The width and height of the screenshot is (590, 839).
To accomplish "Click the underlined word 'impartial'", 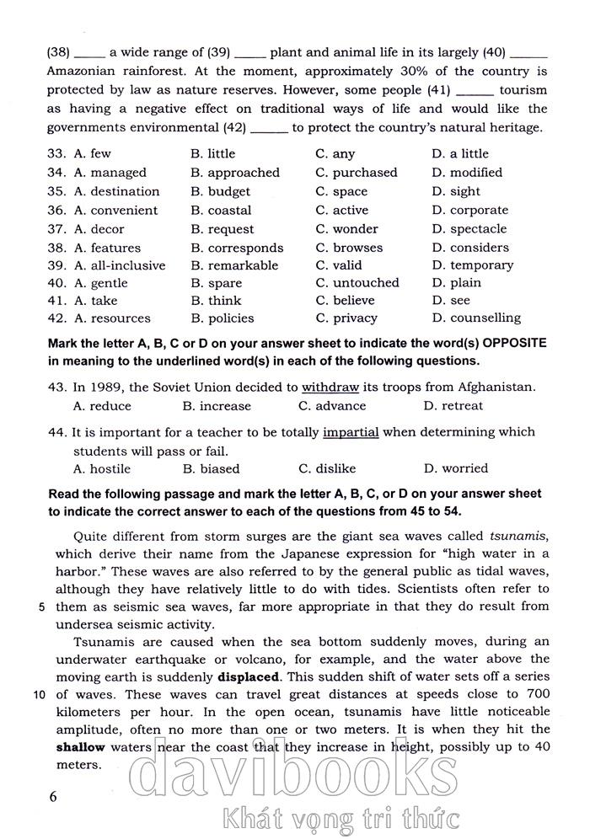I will [x=351, y=432].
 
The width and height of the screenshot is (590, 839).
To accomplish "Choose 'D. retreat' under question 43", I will [x=453, y=406].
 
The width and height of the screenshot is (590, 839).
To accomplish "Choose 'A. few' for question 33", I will [x=92, y=154].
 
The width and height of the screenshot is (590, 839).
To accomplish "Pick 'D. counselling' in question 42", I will [x=476, y=318].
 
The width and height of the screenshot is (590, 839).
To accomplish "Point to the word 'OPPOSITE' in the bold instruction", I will [x=491, y=344].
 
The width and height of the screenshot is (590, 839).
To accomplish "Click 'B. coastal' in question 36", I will [x=221, y=211].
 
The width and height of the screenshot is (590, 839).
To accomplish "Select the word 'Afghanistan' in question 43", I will [x=494, y=387].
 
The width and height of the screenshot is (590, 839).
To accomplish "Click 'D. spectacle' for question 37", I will [x=469, y=229].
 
